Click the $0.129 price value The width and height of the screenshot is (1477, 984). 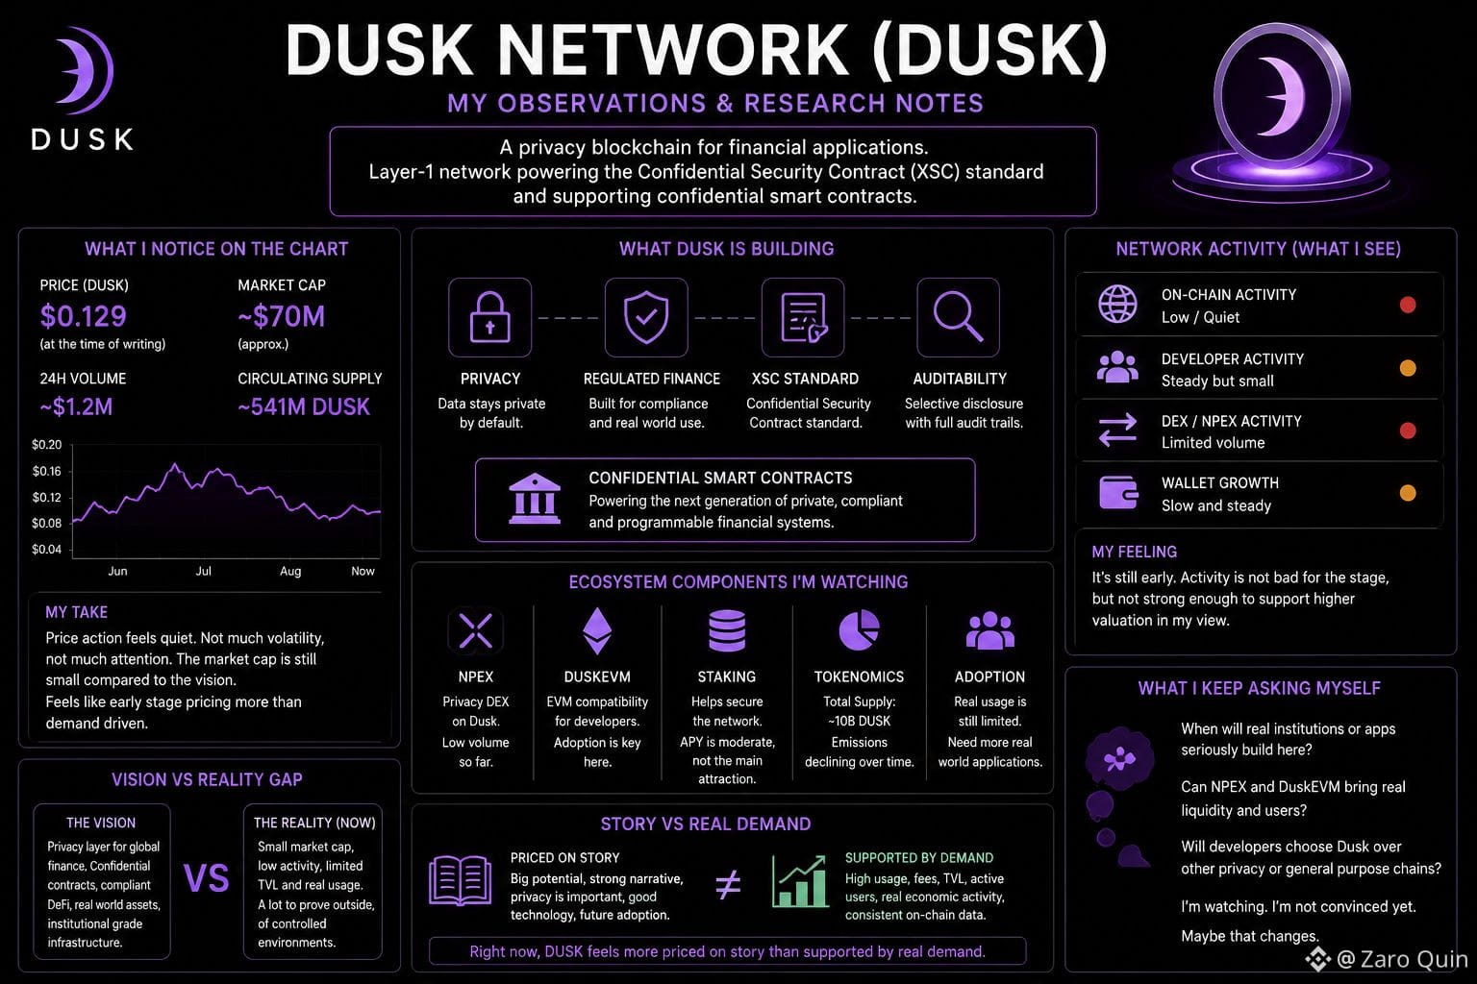[83, 316]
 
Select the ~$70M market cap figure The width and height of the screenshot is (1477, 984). [282, 316]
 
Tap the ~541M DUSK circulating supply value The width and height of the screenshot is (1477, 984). [304, 406]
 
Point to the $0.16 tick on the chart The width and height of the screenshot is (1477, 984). [47, 471]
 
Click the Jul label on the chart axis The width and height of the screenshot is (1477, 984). [204, 571]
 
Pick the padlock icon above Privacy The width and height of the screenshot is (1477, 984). [489, 318]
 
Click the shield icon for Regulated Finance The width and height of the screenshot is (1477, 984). [646, 318]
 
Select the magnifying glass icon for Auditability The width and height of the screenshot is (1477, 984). [958, 317]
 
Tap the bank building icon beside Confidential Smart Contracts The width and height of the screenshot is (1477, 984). [535, 499]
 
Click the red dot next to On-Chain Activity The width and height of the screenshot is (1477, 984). [1408, 305]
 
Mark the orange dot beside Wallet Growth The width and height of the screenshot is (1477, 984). [1408, 493]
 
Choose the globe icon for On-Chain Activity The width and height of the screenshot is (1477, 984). [1117, 305]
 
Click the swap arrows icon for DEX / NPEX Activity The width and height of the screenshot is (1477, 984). [1117, 430]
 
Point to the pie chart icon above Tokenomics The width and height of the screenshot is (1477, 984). [859, 630]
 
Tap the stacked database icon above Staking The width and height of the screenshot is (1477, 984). [727, 630]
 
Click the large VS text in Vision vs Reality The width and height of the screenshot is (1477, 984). [207, 878]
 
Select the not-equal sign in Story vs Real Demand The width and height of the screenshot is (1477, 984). [728, 884]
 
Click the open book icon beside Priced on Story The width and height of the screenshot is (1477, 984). [461, 880]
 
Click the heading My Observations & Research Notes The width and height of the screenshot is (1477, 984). [715, 104]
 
